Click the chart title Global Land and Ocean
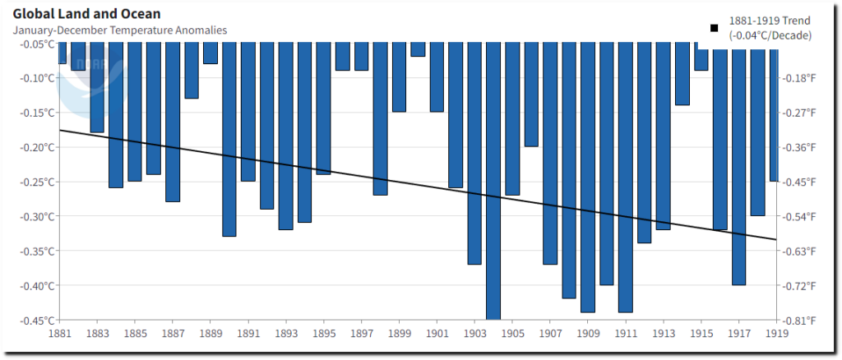87,14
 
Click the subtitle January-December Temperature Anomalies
120,30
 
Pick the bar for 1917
738,164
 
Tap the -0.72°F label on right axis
799,285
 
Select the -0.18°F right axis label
799,78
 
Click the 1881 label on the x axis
59,334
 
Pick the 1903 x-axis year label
474,334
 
